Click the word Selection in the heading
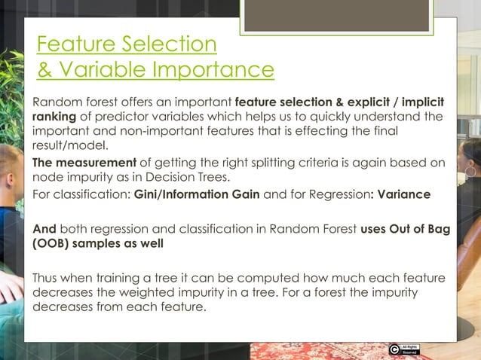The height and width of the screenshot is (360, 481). pyautogui.click(x=169, y=44)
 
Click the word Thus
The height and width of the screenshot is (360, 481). pyautogui.click(x=45, y=277)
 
